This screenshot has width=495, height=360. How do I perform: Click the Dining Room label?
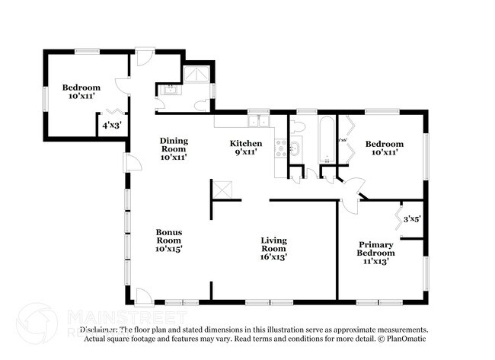point(173,148)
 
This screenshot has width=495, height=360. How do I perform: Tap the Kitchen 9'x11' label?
point(246,148)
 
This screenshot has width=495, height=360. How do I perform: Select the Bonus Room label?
point(169,240)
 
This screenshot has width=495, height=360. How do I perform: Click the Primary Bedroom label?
point(376,253)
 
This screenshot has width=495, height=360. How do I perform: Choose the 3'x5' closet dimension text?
point(412,218)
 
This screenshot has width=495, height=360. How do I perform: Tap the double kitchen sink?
point(260,120)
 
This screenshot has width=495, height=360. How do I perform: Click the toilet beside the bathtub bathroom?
point(299,126)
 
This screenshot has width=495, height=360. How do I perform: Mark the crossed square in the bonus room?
point(221,189)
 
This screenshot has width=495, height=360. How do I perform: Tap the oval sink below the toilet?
point(295,149)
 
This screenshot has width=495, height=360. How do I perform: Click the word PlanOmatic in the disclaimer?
point(404,338)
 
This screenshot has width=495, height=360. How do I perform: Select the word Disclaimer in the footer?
point(98,330)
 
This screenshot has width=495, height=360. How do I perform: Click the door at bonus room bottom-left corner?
point(142,295)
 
